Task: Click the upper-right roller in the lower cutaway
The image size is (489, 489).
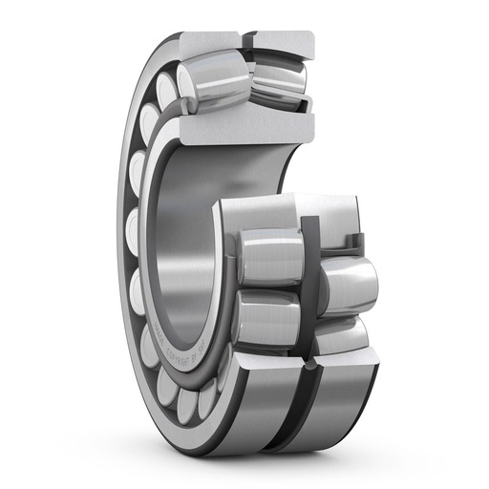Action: tap(348, 282)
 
